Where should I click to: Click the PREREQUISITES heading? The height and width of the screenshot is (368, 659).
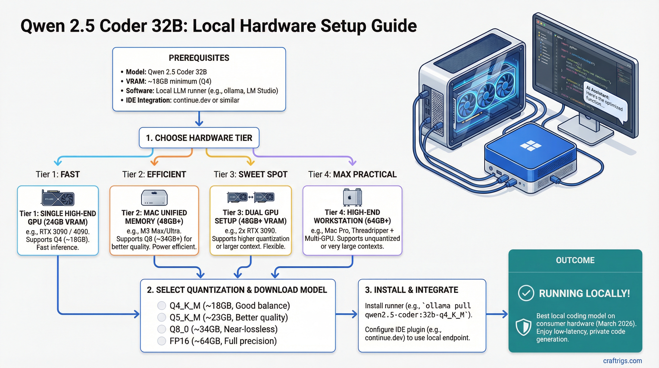point(199,58)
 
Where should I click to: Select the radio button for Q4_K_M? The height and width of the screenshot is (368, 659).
point(161,305)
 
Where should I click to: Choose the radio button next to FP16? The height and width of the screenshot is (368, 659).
point(161,341)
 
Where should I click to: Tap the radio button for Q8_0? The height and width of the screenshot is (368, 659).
point(161,329)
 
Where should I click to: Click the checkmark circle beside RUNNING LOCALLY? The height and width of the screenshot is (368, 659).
point(526,293)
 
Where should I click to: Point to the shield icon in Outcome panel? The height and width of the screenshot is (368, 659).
point(523,327)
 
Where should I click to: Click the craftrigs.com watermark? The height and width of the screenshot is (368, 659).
point(622,361)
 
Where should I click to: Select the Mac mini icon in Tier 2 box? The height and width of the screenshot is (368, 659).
point(154,198)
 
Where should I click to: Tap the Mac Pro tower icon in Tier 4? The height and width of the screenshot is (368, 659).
point(352,197)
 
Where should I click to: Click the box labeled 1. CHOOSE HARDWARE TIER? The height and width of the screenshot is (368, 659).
point(199,138)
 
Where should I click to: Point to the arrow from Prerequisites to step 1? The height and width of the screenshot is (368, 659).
point(199,119)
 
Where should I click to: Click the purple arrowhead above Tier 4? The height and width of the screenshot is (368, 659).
point(352,162)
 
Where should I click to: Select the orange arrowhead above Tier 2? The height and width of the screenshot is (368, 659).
point(154,162)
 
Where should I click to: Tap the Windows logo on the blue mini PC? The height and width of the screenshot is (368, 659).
point(531,146)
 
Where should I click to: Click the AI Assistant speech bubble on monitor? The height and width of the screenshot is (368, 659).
point(605,101)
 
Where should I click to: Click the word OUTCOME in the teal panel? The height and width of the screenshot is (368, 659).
point(575,260)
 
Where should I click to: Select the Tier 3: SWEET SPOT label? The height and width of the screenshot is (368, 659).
point(250,174)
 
